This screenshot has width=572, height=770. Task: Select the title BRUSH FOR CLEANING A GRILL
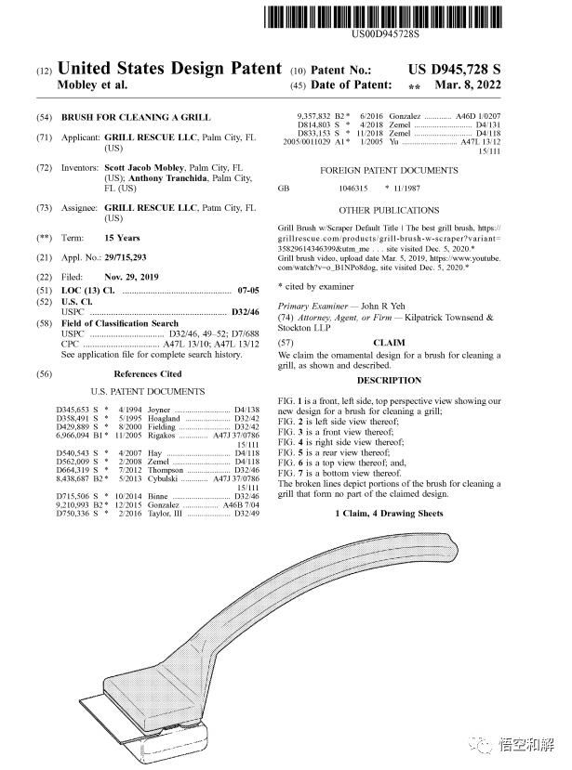pyautogui.click(x=136, y=118)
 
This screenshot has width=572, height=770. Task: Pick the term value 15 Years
pyautogui.click(x=122, y=238)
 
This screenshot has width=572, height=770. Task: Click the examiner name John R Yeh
pyautogui.click(x=380, y=306)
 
